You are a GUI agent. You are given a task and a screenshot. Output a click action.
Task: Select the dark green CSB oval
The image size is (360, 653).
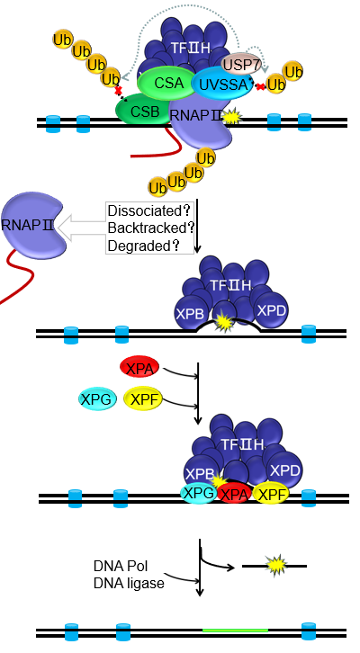pos(144,110)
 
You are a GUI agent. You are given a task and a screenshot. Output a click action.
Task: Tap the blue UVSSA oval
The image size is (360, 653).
pos(223,84)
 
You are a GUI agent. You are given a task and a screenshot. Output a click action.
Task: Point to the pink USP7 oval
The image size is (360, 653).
pos(238,64)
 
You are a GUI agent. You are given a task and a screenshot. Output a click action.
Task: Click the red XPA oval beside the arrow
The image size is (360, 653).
pos(139,368)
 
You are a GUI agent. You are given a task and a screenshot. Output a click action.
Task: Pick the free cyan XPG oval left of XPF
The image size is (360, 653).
pos(96,399)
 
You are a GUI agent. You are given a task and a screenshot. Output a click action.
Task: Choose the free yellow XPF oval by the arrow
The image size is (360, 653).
pos(143,399)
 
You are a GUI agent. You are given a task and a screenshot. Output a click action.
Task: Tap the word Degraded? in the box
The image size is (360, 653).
pos(144,246)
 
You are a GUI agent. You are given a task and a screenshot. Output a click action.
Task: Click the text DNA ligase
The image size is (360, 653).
pos(129,583)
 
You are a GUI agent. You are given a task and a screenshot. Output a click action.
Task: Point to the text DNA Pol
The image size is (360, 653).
pos(121,566)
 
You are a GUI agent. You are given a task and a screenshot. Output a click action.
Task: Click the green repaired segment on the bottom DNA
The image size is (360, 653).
pos(236,631)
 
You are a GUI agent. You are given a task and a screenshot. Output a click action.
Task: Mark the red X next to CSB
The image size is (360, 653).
pos(118,90)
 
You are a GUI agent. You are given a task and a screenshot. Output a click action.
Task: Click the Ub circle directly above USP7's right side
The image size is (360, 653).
pos(292,72)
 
